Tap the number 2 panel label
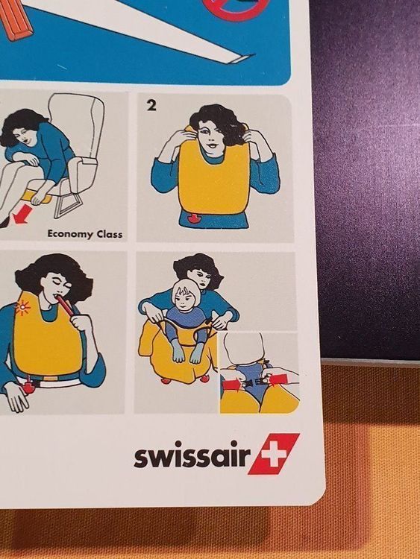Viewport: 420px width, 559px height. [151, 106]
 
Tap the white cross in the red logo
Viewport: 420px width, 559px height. [274, 453]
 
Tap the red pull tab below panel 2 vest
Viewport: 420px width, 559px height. [193, 218]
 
